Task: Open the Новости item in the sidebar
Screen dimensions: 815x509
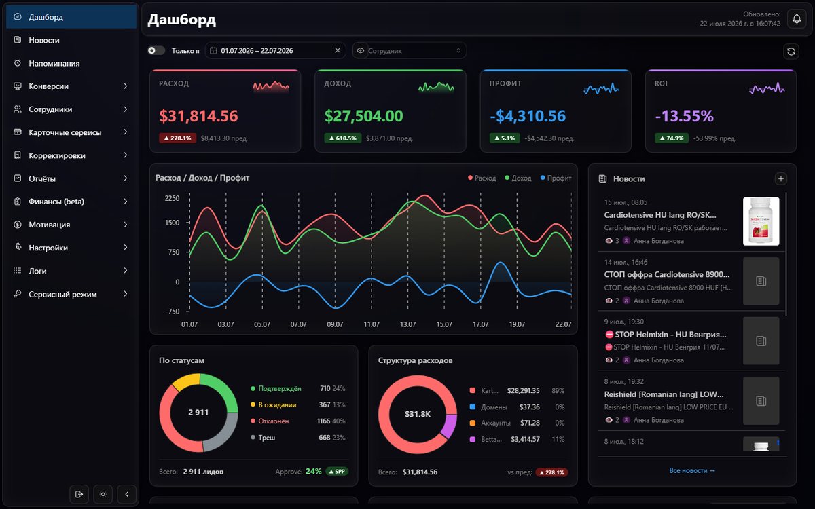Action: coord(43,40)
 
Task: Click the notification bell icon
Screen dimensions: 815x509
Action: coord(797,18)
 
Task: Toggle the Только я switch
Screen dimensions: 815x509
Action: coord(156,50)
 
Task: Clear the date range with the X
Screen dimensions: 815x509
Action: coord(338,50)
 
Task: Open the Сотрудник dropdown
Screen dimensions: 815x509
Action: coord(410,50)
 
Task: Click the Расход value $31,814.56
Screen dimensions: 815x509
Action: coord(198,116)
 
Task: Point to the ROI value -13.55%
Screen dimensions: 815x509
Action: coord(684,116)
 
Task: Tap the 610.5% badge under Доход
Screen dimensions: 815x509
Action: coord(342,138)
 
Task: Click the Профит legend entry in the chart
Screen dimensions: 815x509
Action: coord(556,178)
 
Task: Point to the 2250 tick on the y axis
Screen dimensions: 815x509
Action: coord(172,198)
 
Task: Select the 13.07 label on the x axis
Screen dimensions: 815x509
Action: coord(407,324)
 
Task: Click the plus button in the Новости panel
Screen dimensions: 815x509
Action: coord(780,178)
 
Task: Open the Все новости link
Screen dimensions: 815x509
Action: coord(692,470)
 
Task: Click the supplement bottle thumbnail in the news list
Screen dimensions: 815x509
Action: coord(761,221)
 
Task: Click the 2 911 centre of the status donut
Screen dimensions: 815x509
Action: coord(198,413)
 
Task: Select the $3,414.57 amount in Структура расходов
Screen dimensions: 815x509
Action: coord(525,439)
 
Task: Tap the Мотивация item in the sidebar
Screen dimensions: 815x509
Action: coord(49,225)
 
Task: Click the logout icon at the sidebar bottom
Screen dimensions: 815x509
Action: coord(79,494)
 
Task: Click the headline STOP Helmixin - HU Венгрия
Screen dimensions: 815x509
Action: coord(670,334)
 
